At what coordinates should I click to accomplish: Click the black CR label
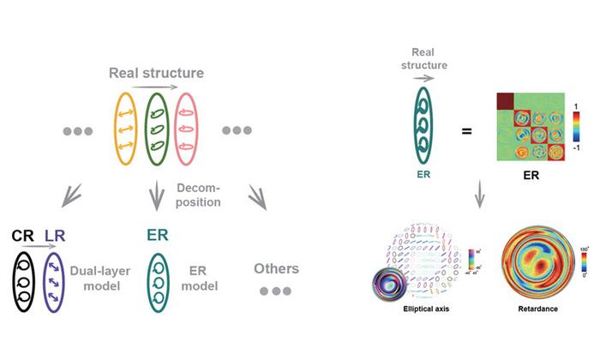[22, 233]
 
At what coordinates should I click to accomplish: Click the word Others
[276, 269]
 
